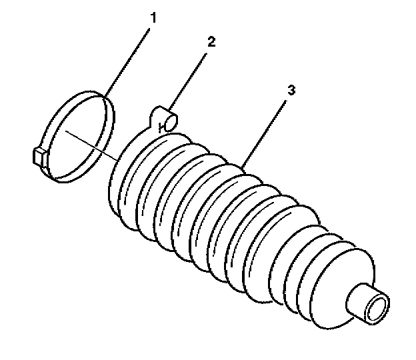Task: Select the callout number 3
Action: pos(290,89)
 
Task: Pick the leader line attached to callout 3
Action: pos(267,131)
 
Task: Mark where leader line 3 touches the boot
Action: pos(244,167)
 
